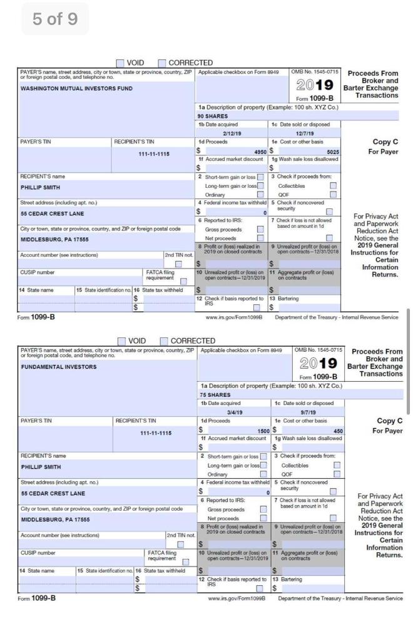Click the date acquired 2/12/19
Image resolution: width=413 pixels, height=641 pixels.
(x=232, y=133)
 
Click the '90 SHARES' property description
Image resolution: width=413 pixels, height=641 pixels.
(x=211, y=116)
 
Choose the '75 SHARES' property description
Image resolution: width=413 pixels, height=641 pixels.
(x=211, y=396)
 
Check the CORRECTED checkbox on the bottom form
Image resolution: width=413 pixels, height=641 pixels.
(x=163, y=342)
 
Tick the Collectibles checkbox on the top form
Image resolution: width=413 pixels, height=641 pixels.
(x=333, y=186)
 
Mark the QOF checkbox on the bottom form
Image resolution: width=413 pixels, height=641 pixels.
(x=333, y=474)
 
